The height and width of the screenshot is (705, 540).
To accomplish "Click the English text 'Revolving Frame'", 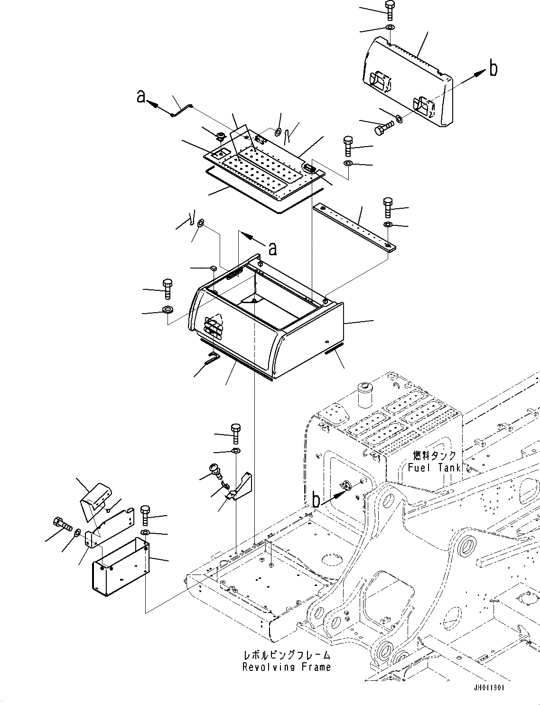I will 286,667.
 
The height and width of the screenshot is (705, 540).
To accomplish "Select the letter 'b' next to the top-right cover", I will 493,69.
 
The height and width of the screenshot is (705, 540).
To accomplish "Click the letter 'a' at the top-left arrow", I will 140,96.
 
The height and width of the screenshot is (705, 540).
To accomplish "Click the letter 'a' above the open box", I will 273,248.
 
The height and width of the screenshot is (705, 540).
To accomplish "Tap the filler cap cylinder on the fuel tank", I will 365,397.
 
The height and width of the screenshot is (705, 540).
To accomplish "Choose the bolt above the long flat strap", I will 387,207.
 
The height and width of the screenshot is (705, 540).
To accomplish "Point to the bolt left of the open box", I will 168,288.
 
